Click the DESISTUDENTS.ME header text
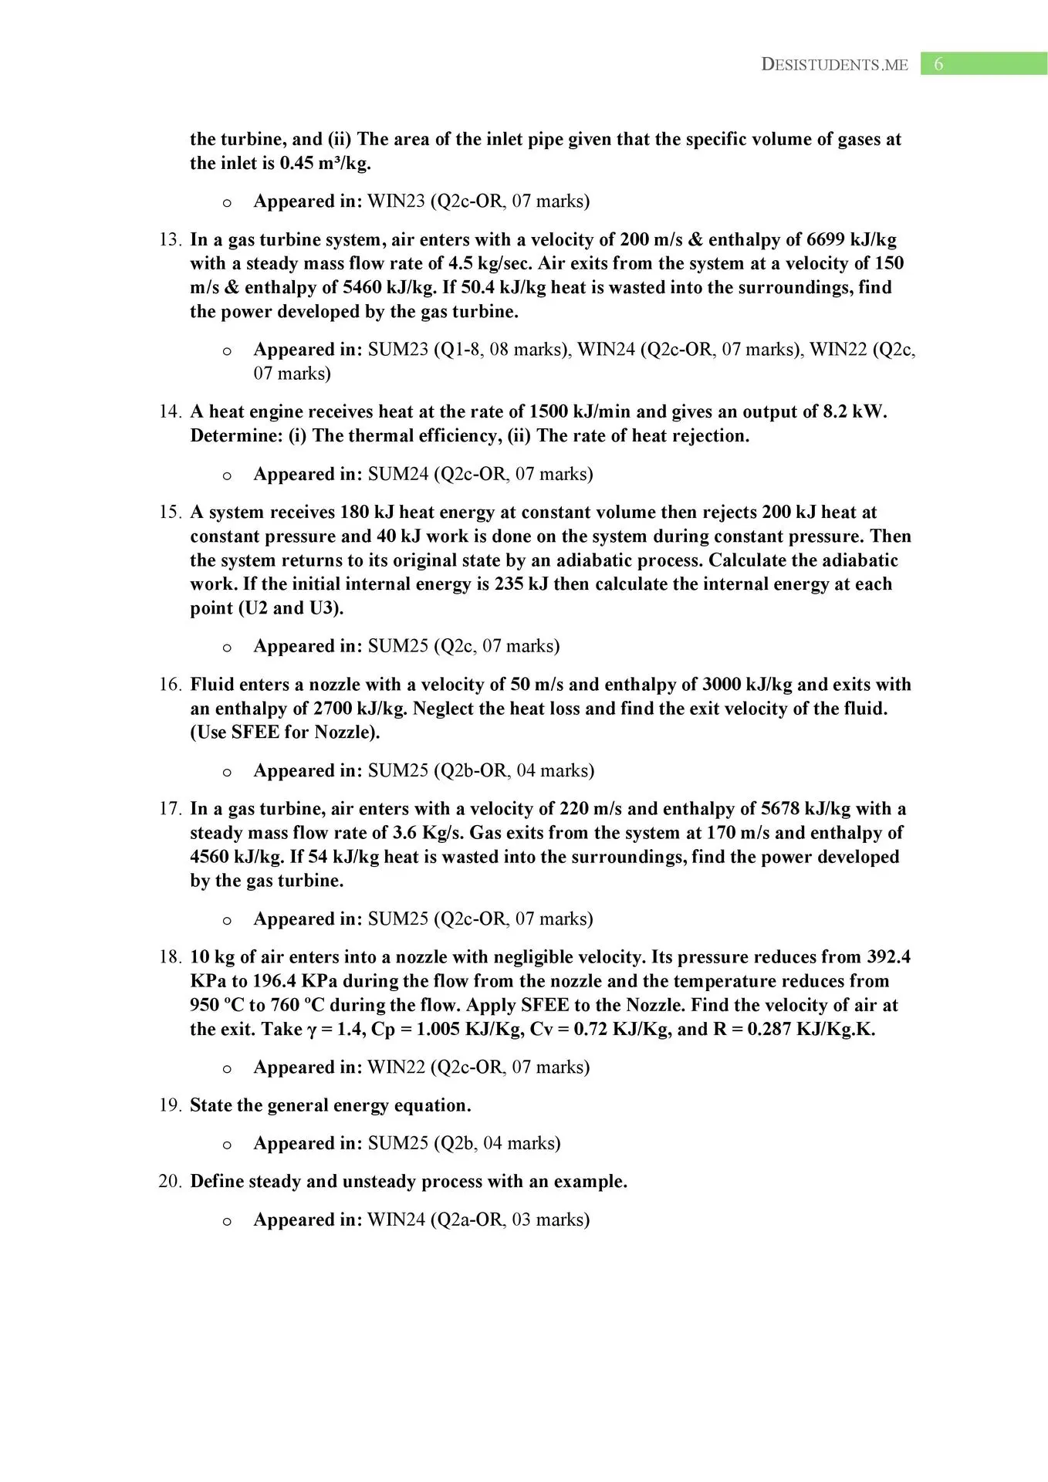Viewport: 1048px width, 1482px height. tap(834, 65)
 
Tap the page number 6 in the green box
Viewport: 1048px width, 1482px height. tap(938, 64)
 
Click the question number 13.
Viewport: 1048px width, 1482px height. tap(170, 240)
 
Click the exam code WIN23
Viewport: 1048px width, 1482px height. tap(396, 201)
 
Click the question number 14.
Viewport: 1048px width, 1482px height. tap(170, 412)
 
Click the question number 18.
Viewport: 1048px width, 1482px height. tap(170, 957)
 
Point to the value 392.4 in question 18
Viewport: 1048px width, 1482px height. tap(888, 957)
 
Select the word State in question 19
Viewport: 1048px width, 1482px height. tap(211, 1105)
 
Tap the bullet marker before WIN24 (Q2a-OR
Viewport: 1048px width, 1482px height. tap(226, 1221)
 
